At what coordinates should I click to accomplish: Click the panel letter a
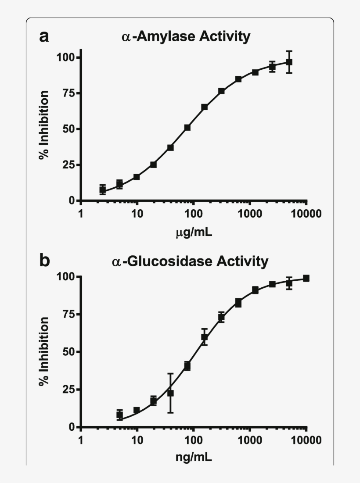(44, 36)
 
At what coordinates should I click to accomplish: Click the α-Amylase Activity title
(186, 36)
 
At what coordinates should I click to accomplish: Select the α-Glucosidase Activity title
(190, 262)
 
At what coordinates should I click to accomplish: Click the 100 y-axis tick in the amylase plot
(65, 57)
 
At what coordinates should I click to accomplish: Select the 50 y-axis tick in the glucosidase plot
(68, 352)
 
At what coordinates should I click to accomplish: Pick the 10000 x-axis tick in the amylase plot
(306, 214)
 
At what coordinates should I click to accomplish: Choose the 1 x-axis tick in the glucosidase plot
(81, 440)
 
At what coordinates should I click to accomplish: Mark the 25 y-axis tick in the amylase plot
(68, 165)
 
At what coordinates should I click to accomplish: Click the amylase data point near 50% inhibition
(187, 128)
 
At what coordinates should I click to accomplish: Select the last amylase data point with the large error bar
(289, 62)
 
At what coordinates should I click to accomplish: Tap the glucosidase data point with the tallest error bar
(170, 393)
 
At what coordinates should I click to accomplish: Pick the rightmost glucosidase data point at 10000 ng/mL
(306, 278)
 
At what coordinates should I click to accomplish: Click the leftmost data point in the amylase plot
(103, 190)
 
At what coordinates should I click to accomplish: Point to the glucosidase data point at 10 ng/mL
(137, 410)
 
